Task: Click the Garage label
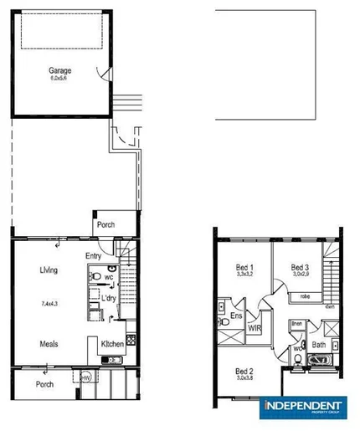click(x=59, y=70)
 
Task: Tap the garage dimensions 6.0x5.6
click(x=59, y=79)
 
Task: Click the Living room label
click(x=48, y=270)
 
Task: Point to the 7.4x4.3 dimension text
click(x=49, y=304)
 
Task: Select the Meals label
click(x=48, y=343)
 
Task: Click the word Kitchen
click(x=112, y=344)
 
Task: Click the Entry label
click(x=94, y=257)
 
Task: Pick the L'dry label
click(x=108, y=298)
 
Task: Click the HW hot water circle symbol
click(x=86, y=377)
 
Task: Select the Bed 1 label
click(x=245, y=267)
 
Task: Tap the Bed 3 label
click(x=301, y=267)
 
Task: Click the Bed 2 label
click(x=244, y=371)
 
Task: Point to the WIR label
click(x=254, y=329)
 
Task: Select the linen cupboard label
click(x=296, y=323)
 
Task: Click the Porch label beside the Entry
click(x=106, y=224)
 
